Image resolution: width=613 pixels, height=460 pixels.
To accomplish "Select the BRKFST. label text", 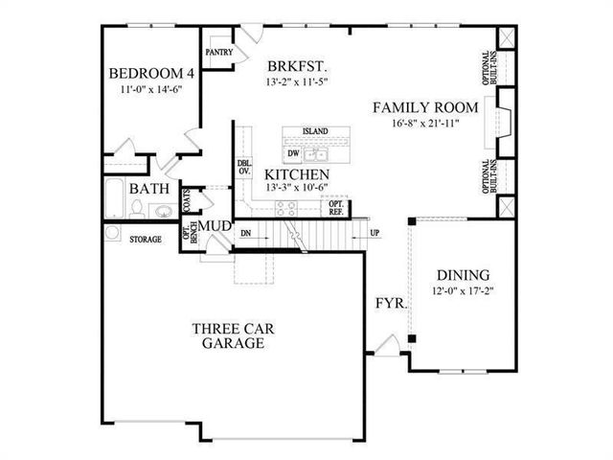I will coord(298,67).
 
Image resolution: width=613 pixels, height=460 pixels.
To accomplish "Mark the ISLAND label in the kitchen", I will coord(314,131).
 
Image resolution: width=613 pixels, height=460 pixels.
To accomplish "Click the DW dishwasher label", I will coord(292,152).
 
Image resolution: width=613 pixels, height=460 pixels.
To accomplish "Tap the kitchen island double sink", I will coord(318,153).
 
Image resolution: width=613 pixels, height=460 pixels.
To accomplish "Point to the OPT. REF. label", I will coord(337,207).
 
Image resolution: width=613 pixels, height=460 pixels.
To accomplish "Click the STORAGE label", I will coord(146,239).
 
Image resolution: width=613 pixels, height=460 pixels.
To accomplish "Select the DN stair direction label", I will coord(245,233).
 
